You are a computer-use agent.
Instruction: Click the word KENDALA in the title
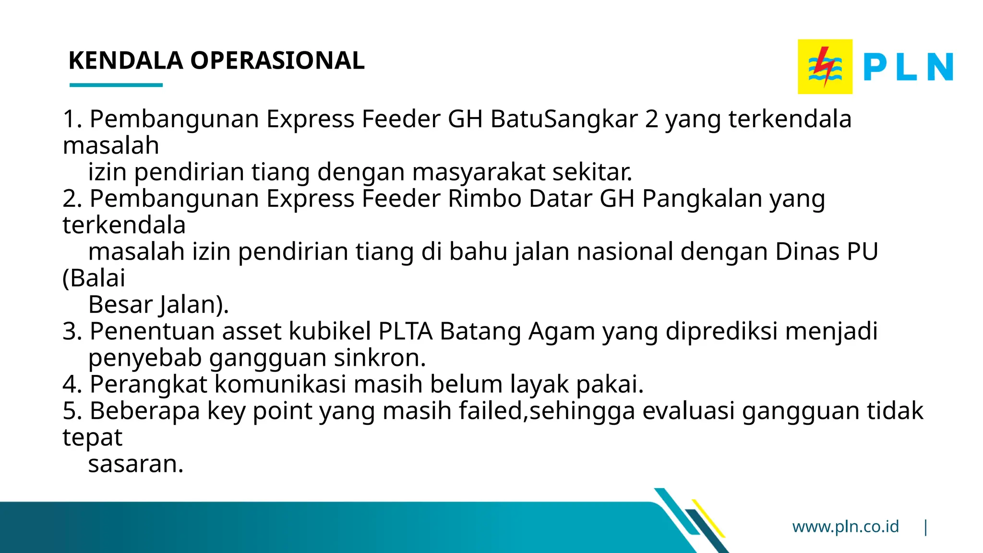[126, 61]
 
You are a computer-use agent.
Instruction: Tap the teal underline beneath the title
[116, 85]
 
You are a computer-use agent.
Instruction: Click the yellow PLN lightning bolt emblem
[825, 67]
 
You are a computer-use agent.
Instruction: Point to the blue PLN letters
[908, 67]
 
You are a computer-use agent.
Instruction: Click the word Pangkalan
[702, 199]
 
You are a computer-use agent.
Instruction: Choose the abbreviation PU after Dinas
[863, 252]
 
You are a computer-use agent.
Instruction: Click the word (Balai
[94, 278]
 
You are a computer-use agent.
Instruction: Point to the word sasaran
[135, 464]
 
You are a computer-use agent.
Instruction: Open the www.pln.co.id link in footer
[845, 527]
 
